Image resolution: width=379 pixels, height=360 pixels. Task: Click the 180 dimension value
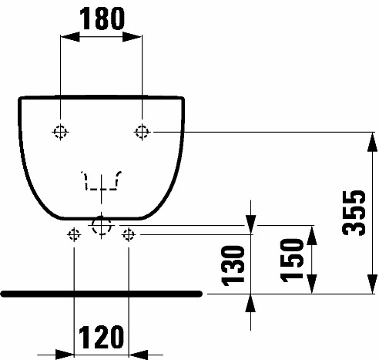(x=102, y=19)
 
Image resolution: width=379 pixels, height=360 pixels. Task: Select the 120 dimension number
(x=101, y=337)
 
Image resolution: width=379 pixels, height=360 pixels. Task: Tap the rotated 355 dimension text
(x=354, y=213)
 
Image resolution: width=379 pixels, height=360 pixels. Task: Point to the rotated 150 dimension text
(x=292, y=261)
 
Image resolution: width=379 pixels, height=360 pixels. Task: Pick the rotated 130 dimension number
(x=233, y=265)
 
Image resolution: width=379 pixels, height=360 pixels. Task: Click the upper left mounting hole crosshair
(x=60, y=132)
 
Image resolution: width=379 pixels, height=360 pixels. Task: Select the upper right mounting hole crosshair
(x=142, y=132)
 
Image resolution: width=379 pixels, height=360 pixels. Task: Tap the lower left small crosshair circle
(x=74, y=234)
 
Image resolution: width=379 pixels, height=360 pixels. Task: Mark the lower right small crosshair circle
(x=129, y=234)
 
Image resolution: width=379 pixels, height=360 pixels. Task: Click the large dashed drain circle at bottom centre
(x=101, y=226)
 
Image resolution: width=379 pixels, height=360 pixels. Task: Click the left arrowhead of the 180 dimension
(x=70, y=36)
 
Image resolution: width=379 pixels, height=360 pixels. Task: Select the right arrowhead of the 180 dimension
(x=132, y=36)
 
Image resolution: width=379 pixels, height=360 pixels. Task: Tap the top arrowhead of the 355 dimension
(x=372, y=142)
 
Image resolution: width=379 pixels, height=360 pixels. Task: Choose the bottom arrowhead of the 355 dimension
(x=372, y=284)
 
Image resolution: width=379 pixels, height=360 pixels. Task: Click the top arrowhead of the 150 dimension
(x=311, y=235)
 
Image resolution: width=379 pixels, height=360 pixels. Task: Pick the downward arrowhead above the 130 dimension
(x=250, y=225)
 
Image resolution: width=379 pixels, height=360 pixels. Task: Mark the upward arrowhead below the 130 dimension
(x=250, y=303)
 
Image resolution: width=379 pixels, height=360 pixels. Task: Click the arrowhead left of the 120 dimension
(x=65, y=355)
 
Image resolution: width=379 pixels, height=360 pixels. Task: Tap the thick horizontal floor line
(x=102, y=294)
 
